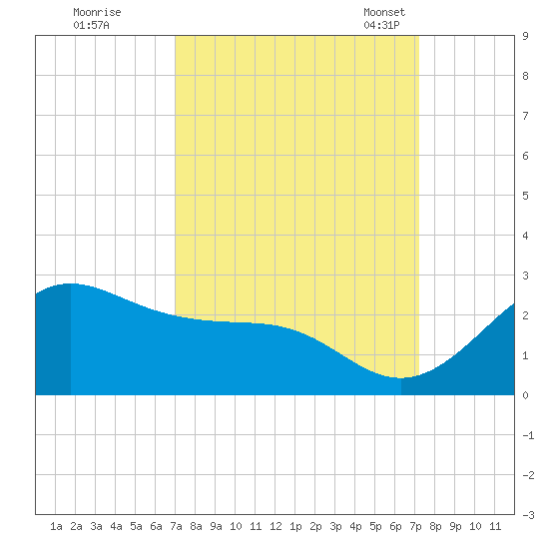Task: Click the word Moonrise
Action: pyautogui.click(x=97, y=12)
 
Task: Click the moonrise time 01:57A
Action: pyautogui.click(x=91, y=25)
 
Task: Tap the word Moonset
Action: pyautogui.click(x=384, y=12)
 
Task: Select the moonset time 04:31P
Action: pyautogui.click(x=381, y=25)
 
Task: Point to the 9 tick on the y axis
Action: pyautogui.click(x=525, y=36)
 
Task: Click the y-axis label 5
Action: pyautogui.click(x=525, y=196)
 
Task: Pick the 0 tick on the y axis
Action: pyautogui.click(x=525, y=395)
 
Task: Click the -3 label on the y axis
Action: pyautogui.click(x=528, y=515)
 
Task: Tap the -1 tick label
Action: pyautogui.click(x=528, y=435)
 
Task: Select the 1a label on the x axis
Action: pyautogui.click(x=56, y=526)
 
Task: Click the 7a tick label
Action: pyautogui.click(x=176, y=526)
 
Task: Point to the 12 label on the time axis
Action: pyautogui.click(x=275, y=526)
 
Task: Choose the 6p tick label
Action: pyautogui.click(x=395, y=526)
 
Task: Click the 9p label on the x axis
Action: pyautogui.click(x=455, y=526)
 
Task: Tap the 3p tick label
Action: pyautogui.click(x=335, y=526)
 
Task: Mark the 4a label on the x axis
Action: pyautogui.click(x=116, y=526)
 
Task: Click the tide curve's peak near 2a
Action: pyautogui.click(x=71, y=283)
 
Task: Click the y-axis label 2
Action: pyautogui.click(x=525, y=315)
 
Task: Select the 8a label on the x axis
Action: pyautogui.click(x=196, y=526)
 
